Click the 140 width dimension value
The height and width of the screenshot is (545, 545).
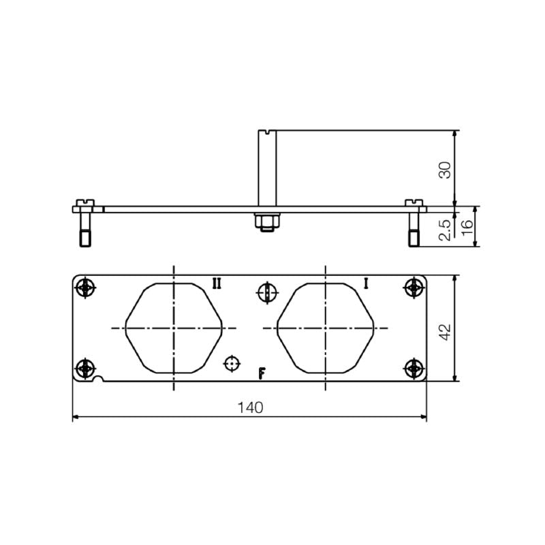click(x=250, y=407)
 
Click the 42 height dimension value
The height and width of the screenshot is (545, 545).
click(x=444, y=332)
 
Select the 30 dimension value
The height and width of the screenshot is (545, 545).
click(x=444, y=169)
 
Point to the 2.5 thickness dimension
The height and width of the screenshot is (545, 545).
click(x=444, y=228)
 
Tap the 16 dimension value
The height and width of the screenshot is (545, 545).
click(x=467, y=228)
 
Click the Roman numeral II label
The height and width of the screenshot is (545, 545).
click(x=216, y=283)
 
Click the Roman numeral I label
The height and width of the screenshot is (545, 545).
click(x=366, y=283)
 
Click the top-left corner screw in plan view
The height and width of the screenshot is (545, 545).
click(x=84, y=288)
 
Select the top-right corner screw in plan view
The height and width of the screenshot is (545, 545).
click(x=413, y=288)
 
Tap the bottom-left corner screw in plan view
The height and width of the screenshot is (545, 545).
click(x=84, y=369)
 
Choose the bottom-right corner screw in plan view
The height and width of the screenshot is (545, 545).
click(x=413, y=369)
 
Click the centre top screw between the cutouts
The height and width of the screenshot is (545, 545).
click(x=267, y=293)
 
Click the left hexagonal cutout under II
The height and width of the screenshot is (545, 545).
click(x=174, y=328)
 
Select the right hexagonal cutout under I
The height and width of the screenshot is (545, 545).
click(x=325, y=328)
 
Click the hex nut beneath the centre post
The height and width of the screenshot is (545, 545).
click(x=266, y=221)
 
